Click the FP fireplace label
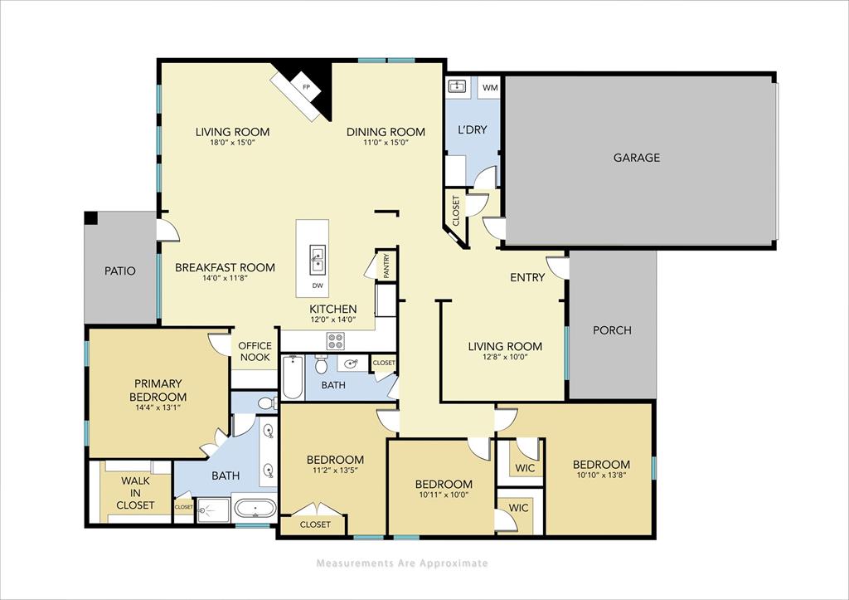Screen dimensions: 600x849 [x=306, y=87]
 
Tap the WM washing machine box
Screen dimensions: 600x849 [x=490, y=86]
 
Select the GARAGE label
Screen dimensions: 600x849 [x=637, y=158]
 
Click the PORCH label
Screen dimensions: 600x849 [x=612, y=330]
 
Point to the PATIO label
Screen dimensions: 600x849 [x=119, y=271]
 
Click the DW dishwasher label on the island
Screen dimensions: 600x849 [x=318, y=285]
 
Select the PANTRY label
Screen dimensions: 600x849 [x=386, y=266]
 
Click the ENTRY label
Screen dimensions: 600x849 [x=527, y=277]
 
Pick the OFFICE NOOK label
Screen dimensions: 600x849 [x=255, y=351]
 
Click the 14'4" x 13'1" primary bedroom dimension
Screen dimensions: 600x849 [x=158, y=407]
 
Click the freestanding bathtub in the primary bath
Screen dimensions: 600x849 [x=254, y=508]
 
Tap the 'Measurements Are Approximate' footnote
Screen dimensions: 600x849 [x=402, y=563]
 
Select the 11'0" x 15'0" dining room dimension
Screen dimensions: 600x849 [x=386, y=142]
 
